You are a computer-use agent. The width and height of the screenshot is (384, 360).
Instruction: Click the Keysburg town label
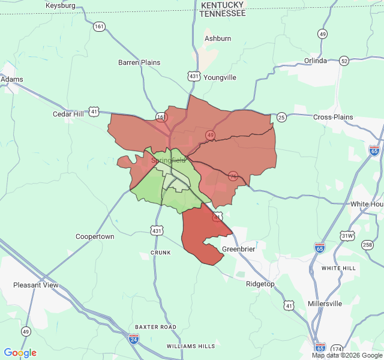point(61,5)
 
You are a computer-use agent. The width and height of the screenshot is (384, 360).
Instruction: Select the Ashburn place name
point(218,38)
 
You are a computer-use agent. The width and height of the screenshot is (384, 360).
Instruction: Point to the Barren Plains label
point(139,62)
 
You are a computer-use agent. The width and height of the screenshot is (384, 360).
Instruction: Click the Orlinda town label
point(316,61)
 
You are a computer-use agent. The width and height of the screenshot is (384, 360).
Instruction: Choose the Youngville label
point(220,77)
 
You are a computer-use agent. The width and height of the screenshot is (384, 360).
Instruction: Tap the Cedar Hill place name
point(68,114)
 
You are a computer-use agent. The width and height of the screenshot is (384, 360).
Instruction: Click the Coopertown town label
point(95,236)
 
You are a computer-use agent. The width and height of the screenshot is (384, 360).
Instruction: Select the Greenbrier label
point(239,249)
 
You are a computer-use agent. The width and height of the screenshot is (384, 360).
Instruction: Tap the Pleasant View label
point(36,285)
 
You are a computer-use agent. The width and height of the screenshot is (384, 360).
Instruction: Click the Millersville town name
point(325,304)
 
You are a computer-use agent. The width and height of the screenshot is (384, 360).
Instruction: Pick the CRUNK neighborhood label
point(161,253)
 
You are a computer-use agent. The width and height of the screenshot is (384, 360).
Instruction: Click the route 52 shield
point(344,61)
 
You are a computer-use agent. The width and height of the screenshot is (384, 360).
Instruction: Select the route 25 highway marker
point(281,116)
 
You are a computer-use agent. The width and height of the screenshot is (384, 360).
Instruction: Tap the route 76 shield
point(233,176)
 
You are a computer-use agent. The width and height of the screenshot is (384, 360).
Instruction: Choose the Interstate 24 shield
point(133,340)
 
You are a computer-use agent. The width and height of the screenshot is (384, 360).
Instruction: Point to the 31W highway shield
point(347,236)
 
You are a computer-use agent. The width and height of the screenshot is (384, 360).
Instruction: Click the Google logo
point(20,353)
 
